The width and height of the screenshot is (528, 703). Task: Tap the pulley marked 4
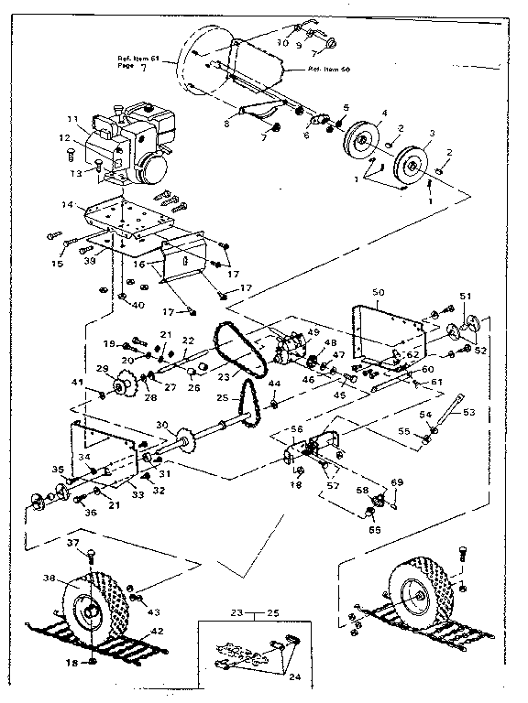[362, 142]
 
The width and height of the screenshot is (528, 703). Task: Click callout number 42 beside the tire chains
[157, 630]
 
